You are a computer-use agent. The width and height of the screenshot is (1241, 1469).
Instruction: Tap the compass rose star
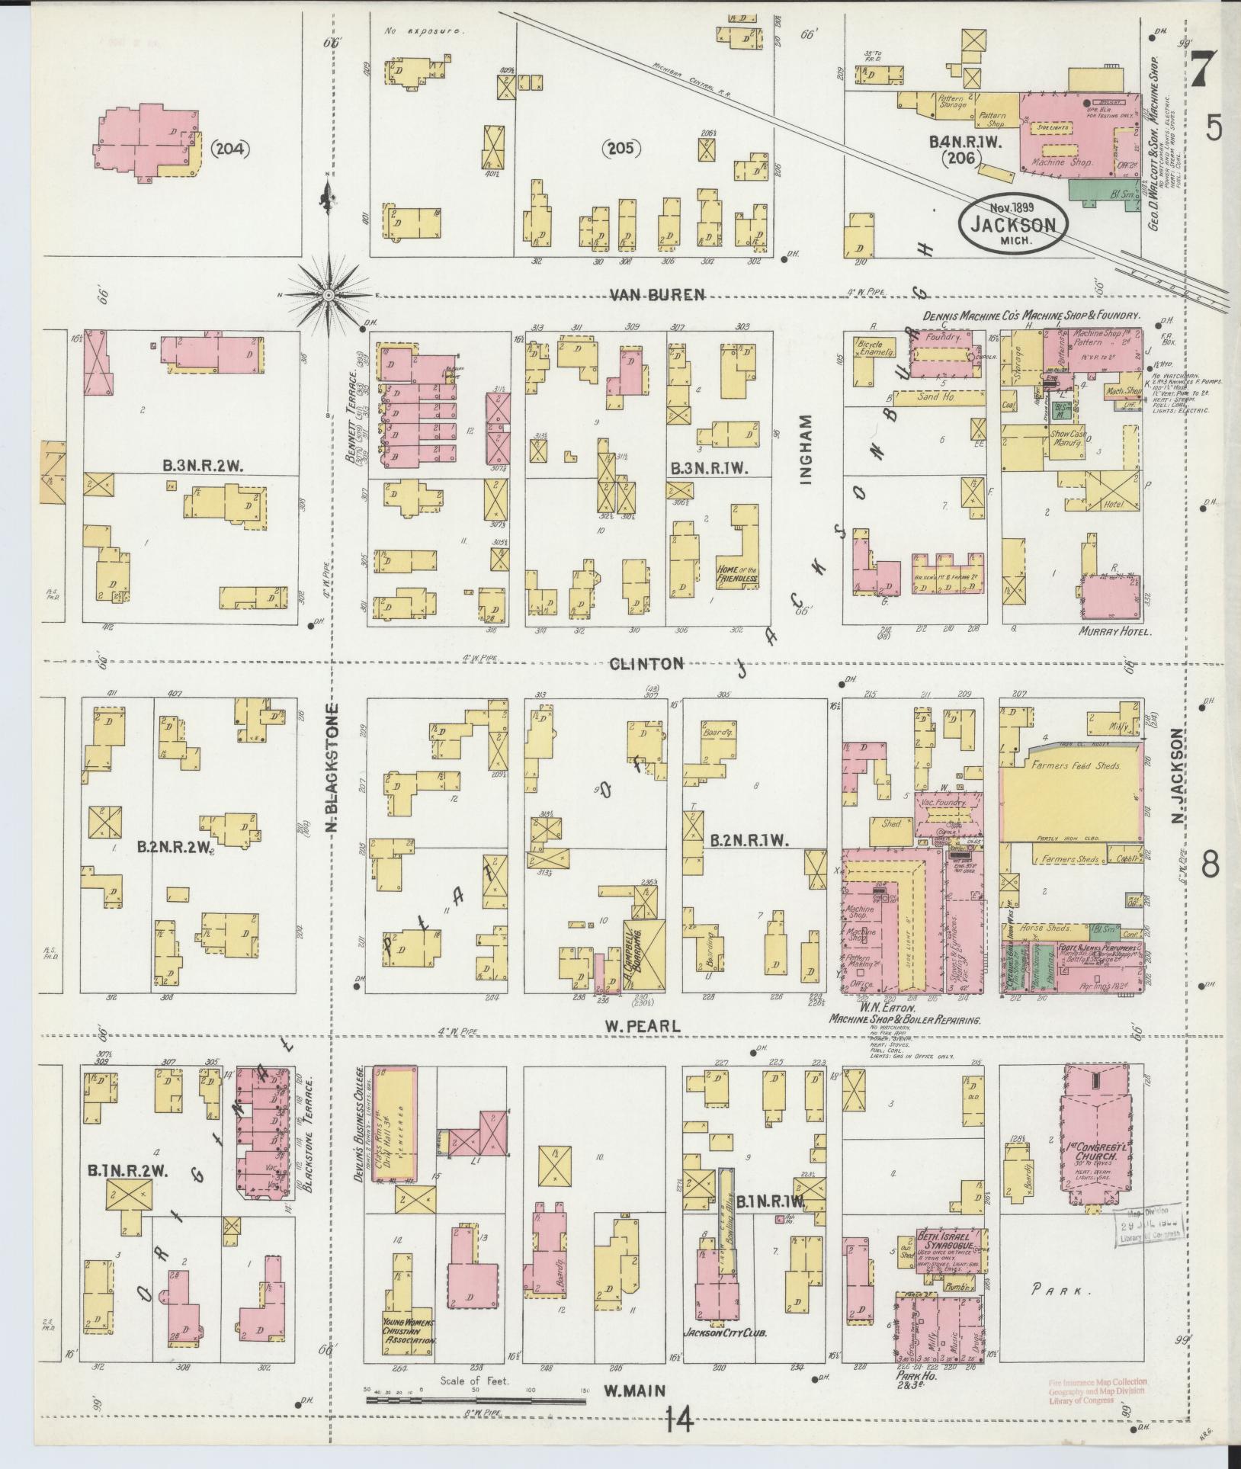click(328, 294)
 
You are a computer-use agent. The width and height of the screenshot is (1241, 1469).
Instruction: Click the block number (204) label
click(229, 149)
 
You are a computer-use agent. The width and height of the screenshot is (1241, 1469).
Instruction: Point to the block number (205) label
click(623, 147)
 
